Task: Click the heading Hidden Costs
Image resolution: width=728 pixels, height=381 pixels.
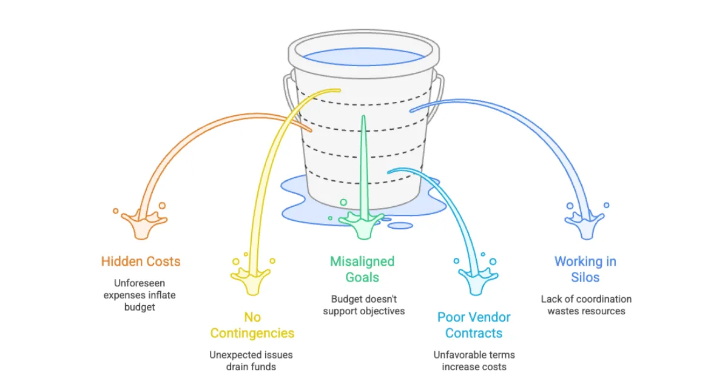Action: pyautogui.click(x=140, y=261)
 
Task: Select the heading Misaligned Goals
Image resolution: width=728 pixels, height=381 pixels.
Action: pyautogui.click(x=362, y=269)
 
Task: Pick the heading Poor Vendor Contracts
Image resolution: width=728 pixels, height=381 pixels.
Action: pyautogui.click(x=473, y=325)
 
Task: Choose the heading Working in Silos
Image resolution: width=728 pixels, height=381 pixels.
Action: pyautogui.click(x=585, y=269)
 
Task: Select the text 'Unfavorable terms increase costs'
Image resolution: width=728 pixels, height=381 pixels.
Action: pyautogui.click(x=473, y=360)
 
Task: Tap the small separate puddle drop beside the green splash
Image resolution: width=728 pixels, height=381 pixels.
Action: pyautogui.click(x=400, y=226)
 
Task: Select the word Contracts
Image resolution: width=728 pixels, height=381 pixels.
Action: pyautogui.click(x=473, y=333)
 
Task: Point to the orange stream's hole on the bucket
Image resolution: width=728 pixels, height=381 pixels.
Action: pyautogui.click(x=310, y=130)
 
